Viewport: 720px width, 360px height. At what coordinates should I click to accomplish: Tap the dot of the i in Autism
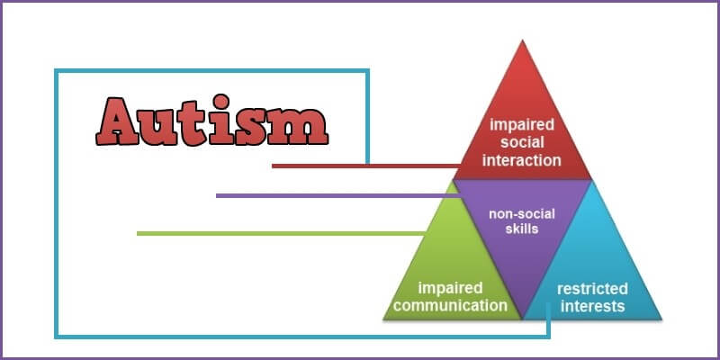[x=220, y=102]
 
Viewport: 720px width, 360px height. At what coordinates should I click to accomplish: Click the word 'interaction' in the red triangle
[x=522, y=160]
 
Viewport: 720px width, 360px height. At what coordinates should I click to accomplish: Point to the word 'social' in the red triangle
[x=522, y=142]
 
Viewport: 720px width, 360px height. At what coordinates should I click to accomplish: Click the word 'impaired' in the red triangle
[x=522, y=124]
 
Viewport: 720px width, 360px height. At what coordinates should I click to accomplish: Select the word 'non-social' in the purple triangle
[x=522, y=214]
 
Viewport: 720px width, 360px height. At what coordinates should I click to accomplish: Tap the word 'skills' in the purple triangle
[x=522, y=229]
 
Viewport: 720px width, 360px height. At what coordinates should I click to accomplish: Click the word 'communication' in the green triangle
[x=450, y=305]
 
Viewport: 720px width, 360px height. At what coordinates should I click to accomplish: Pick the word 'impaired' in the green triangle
[x=450, y=289]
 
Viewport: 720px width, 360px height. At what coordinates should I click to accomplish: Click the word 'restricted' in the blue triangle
[x=592, y=289]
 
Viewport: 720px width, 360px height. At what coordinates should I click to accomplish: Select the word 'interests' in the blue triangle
[x=592, y=306]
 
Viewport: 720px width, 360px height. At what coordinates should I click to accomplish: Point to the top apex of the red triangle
[x=522, y=40]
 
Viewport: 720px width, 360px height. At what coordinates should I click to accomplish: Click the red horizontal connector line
[x=366, y=166]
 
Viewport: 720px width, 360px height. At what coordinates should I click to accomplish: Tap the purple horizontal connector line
[x=338, y=195]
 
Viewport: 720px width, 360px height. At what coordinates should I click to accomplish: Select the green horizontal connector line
[x=281, y=233]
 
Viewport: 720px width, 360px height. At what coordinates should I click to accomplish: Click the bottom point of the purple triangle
[x=522, y=318]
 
